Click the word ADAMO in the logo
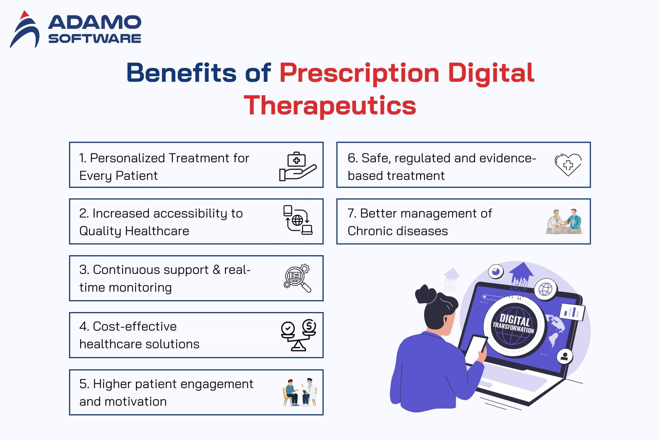coord(95,22)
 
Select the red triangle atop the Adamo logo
coord(25,15)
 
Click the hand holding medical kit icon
coord(298,166)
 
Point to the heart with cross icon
coord(568,165)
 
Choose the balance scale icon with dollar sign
coord(299,335)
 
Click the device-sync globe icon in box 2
coord(298,220)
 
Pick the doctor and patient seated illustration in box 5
coord(300,392)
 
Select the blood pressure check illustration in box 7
coord(564,221)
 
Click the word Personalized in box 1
coord(127,158)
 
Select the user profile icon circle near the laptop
coord(565,357)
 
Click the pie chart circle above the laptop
coord(496,271)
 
